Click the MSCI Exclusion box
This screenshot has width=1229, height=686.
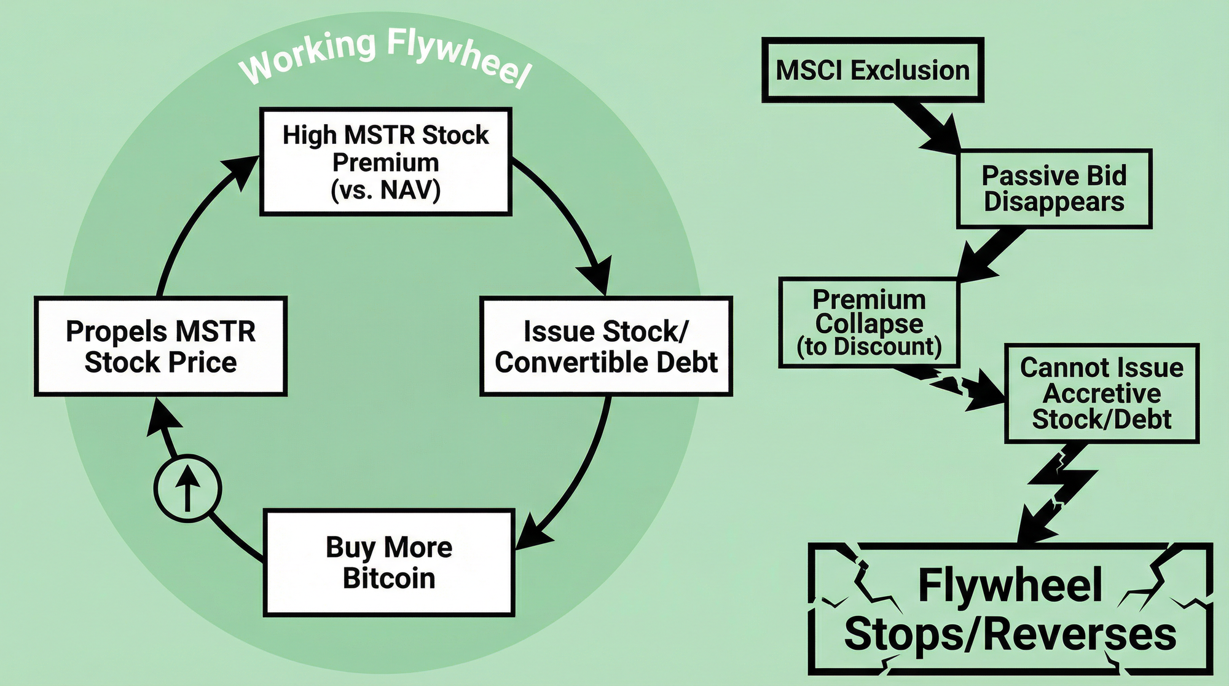click(x=873, y=70)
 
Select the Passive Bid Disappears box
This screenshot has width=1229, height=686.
click(x=1054, y=189)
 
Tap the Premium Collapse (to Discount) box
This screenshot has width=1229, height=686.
click(x=869, y=323)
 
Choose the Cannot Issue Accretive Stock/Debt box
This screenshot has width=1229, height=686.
click(x=1101, y=393)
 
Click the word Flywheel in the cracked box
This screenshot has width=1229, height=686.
click(x=1010, y=585)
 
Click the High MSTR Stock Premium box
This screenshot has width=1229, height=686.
click(x=386, y=162)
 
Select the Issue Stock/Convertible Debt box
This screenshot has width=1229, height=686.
click(x=606, y=346)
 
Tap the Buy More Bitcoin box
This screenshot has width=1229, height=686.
click(x=389, y=562)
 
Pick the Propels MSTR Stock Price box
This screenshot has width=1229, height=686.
click(x=160, y=346)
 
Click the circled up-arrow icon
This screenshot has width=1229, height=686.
click(x=187, y=489)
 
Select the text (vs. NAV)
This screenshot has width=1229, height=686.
click(x=386, y=191)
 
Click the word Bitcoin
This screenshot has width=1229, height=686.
click(x=389, y=578)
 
